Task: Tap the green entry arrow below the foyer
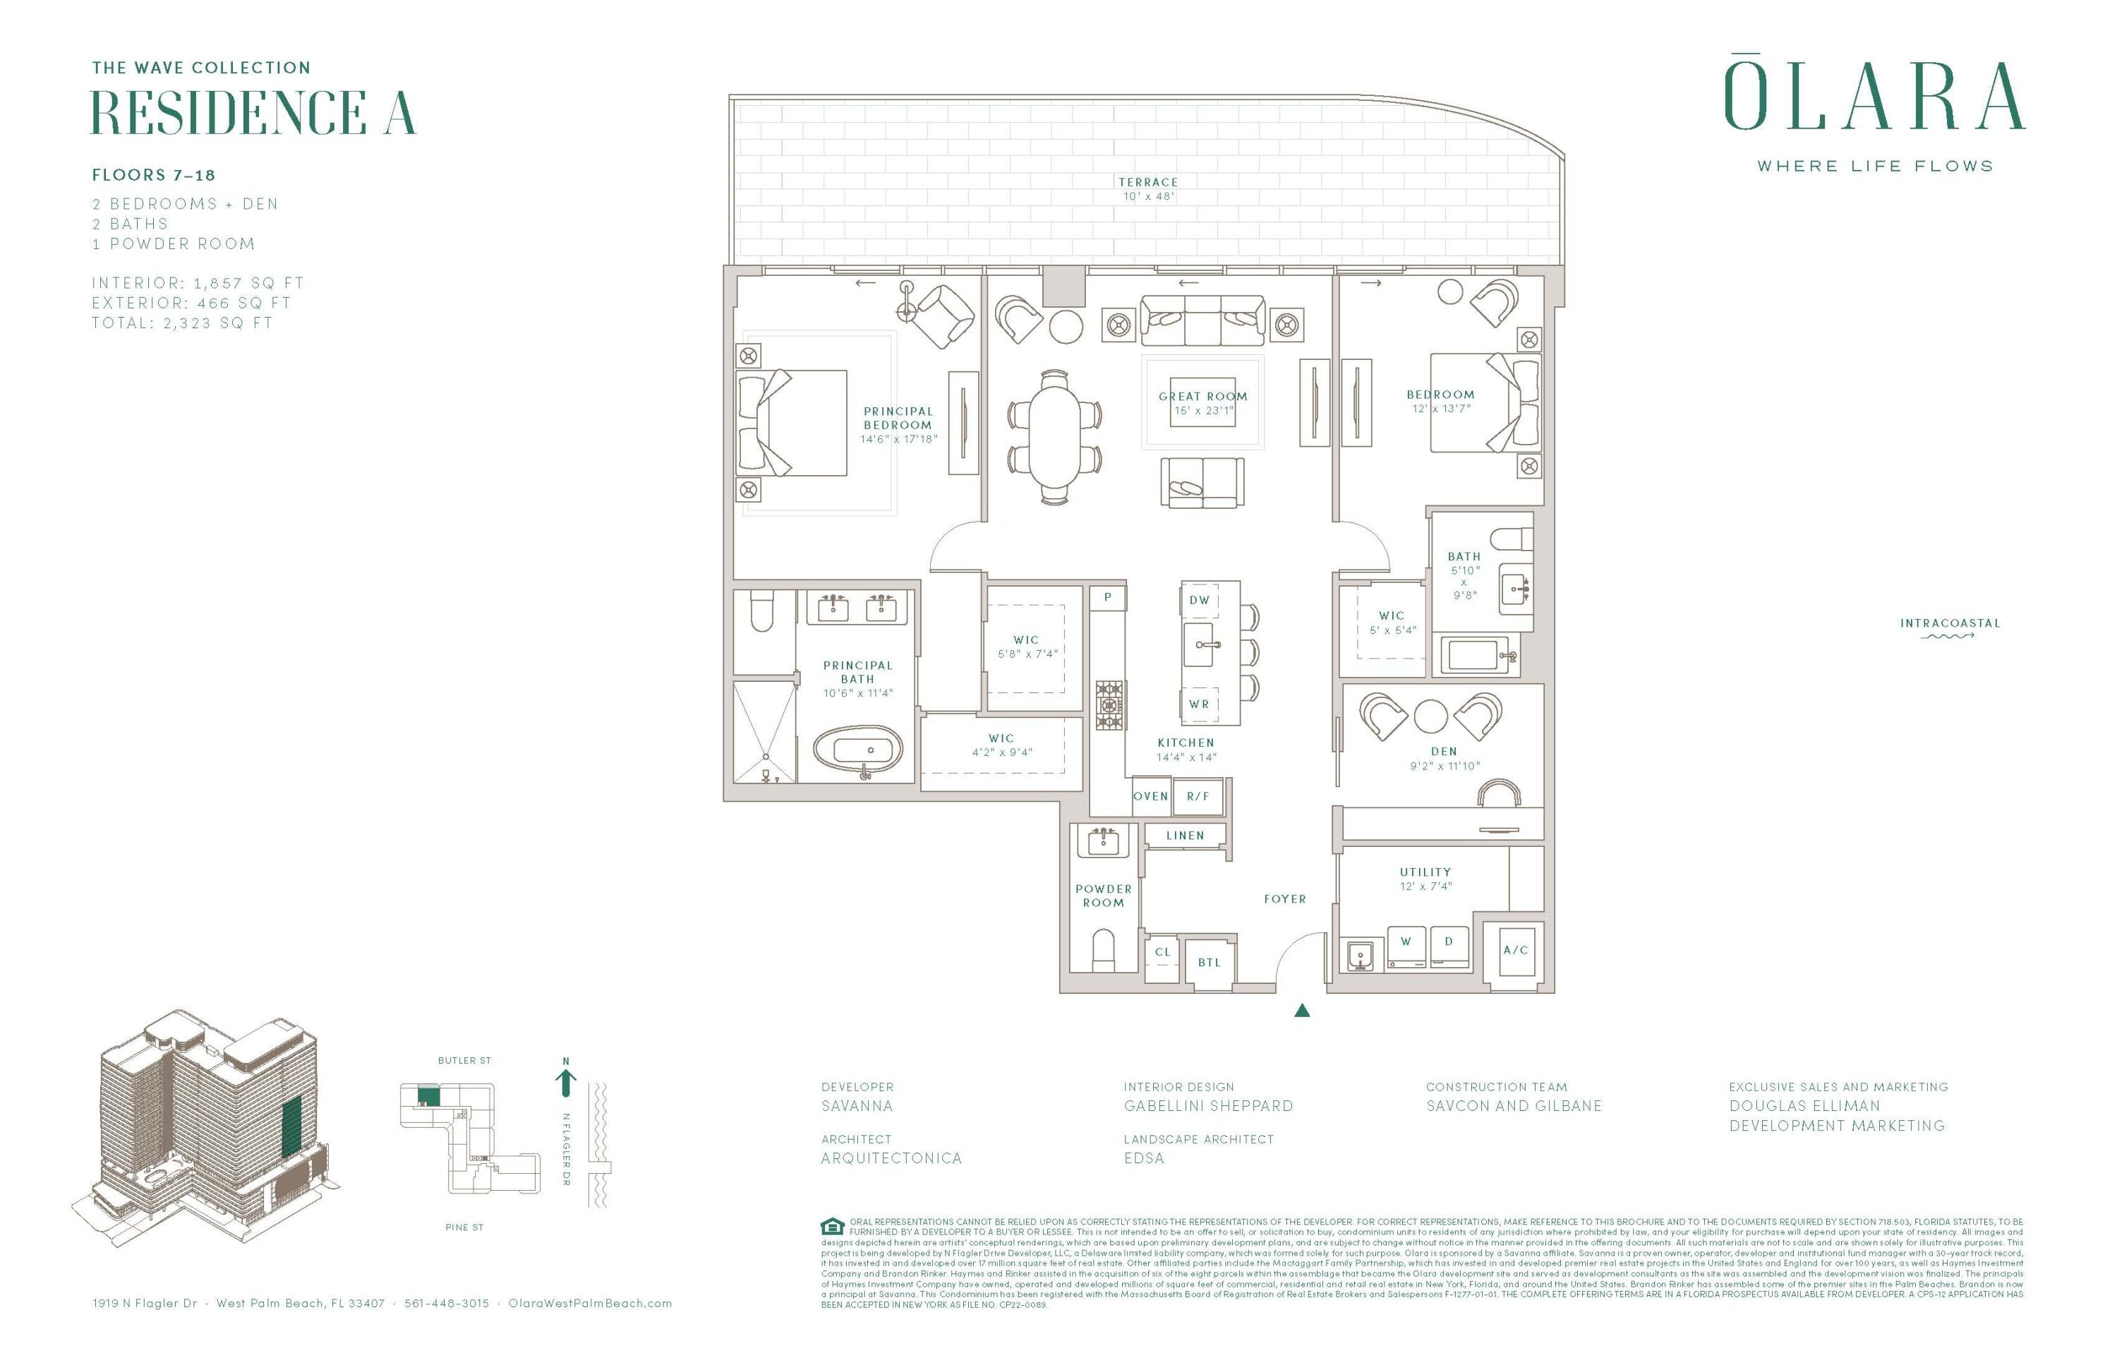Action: [1301, 1010]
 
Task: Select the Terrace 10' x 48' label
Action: [1147, 188]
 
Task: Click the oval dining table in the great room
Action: [1055, 438]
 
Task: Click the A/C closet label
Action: [1515, 950]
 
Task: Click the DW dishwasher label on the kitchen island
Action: [1199, 601]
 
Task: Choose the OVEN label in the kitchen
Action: [1150, 796]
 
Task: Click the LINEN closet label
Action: [1185, 836]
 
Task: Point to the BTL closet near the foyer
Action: [1209, 963]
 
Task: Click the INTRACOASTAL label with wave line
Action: [1950, 627]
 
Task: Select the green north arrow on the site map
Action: [566, 1080]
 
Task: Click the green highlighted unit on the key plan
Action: [429, 1096]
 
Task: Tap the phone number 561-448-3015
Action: [447, 1303]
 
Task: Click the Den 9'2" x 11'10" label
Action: [1444, 758]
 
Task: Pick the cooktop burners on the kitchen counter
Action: [1109, 704]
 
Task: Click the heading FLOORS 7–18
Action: [154, 175]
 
